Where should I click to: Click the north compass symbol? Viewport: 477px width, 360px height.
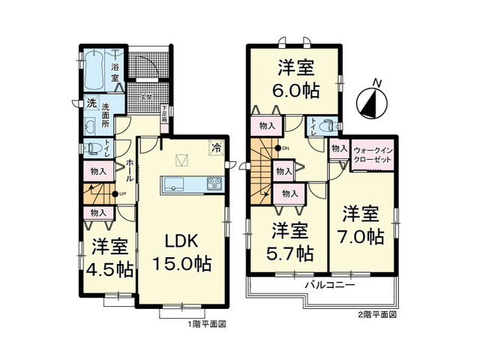point(372,103)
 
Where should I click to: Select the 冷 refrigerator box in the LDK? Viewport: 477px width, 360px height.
point(216,148)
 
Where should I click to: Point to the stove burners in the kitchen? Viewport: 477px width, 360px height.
point(212,184)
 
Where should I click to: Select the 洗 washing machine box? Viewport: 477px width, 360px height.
point(89,103)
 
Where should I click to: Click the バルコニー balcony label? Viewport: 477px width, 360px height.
point(330,286)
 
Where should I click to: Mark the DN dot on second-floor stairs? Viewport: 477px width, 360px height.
point(277,148)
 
